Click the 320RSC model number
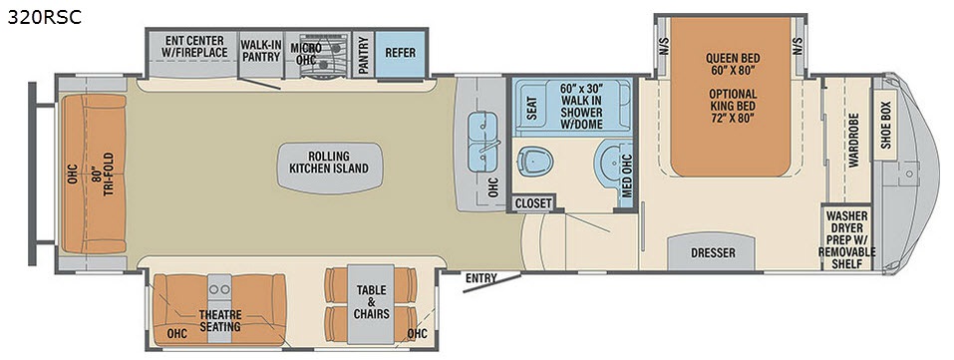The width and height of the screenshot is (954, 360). point(44,17)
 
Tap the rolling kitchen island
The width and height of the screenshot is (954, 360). point(329,169)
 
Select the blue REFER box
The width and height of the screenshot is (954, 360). point(400,54)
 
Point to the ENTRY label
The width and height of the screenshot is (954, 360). point(481,279)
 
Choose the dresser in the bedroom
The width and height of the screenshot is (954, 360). point(713,251)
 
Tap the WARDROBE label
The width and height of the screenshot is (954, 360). point(853,140)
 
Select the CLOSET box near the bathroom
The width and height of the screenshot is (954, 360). point(533,203)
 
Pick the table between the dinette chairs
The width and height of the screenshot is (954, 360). point(371,304)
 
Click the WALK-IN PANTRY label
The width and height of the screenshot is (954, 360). point(260,51)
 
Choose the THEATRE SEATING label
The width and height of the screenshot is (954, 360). point(219,321)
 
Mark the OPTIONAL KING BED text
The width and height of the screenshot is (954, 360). point(732,106)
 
